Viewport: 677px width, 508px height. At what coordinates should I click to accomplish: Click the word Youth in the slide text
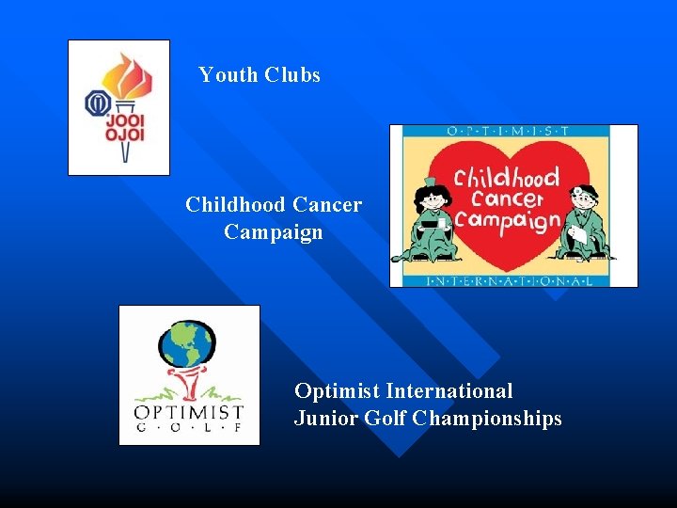point(228,75)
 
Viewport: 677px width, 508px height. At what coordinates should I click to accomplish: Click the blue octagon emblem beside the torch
point(97,103)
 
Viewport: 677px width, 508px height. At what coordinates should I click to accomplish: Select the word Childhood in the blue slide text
point(236,204)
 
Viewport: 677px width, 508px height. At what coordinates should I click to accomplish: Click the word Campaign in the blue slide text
point(274,231)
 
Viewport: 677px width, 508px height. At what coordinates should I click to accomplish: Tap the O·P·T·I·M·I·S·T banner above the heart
point(513,133)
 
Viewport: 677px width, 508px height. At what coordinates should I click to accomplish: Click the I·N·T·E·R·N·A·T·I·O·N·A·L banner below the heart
point(513,279)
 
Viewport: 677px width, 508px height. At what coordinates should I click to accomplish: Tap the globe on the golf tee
point(188,345)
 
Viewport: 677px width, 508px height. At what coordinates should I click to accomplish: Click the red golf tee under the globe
point(188,384)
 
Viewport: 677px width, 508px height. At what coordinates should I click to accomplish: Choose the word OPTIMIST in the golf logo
point(189,412)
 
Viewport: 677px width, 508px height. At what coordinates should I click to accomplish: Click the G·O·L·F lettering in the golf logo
point(189,428)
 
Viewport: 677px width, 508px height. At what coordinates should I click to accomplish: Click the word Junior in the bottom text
point(324,419)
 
